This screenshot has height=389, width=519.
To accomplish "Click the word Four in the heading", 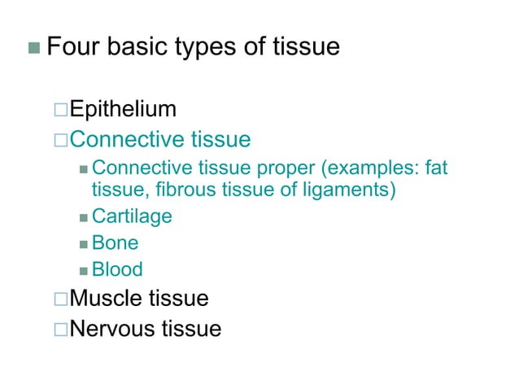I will pos(72,46).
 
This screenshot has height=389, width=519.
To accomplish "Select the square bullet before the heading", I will pos(33,47).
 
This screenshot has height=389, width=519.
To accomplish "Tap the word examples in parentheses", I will pos(367,168).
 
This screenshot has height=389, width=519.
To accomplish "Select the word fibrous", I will pos(172,190).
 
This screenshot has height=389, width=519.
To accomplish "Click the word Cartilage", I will pos(132,216).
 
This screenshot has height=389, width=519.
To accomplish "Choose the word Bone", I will pos(115,243).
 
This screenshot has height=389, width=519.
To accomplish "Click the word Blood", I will pos(117,269).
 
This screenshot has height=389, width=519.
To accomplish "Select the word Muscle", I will pos(107,299).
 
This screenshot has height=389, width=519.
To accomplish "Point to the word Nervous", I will pos(112,329).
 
